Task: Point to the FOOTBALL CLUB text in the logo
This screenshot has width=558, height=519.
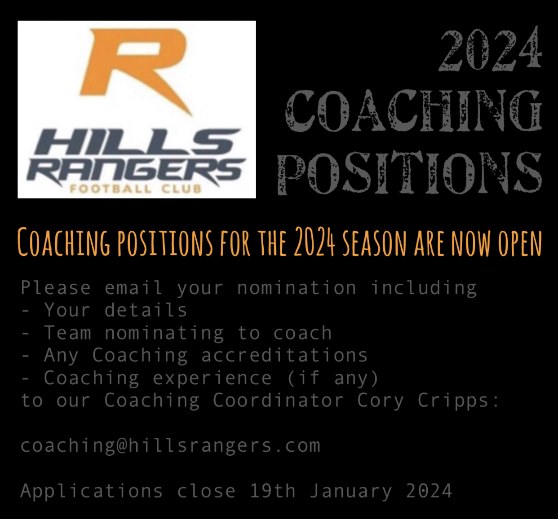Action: (x=135, y=189)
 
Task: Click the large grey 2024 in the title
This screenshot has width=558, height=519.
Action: (x=490, y=49)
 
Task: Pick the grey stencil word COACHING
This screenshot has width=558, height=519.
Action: (x=414, y=110)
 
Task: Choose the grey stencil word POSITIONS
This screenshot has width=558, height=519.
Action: (x=410, y=173)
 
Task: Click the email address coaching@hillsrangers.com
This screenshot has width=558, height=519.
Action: (x=170, y=445)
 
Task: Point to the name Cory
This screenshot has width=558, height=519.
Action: (x=381, y=400)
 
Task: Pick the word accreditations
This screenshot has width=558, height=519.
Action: (x=284, y=355)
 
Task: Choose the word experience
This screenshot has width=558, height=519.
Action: (x=213, y=378)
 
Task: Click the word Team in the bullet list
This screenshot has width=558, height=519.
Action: (x=67, y=333)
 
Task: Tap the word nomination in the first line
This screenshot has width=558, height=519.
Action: (x=297, y=288)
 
